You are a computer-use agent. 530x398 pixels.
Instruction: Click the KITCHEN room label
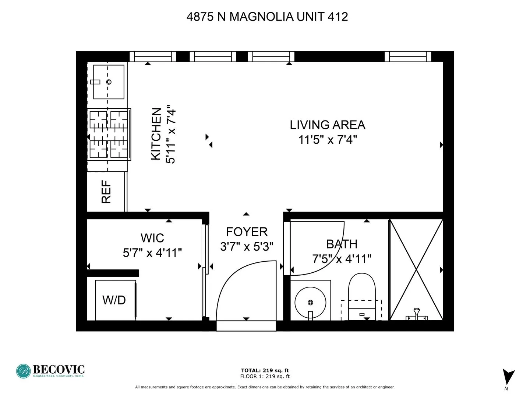pos(156,134)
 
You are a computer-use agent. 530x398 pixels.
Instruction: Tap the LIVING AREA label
pos(327,125)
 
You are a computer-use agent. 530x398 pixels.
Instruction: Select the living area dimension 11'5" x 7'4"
pos(327,140)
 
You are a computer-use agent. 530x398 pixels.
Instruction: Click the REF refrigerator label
pos(106,192)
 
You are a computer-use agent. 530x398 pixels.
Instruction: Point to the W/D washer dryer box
pos(115,300)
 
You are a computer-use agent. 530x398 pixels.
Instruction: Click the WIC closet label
pos(152,238)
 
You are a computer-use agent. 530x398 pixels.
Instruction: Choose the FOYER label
pos(247,232)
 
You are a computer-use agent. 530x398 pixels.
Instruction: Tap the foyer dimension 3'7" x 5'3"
pos(247,246)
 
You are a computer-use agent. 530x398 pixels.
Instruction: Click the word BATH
pos(342,244)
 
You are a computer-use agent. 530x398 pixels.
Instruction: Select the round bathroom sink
pos(310,302)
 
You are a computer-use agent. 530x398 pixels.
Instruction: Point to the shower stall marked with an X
pos(416,269)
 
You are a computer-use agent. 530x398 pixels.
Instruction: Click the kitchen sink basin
pos(109,82)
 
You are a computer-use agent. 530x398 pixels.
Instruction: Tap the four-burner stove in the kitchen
pos(109,134)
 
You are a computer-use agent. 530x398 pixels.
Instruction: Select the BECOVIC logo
pos(50,371)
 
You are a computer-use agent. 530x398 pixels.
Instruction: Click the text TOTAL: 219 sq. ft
pos(265,370)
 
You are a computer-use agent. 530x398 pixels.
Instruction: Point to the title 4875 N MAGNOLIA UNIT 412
pos(267,17)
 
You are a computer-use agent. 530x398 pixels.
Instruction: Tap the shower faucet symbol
pos(417,314)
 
